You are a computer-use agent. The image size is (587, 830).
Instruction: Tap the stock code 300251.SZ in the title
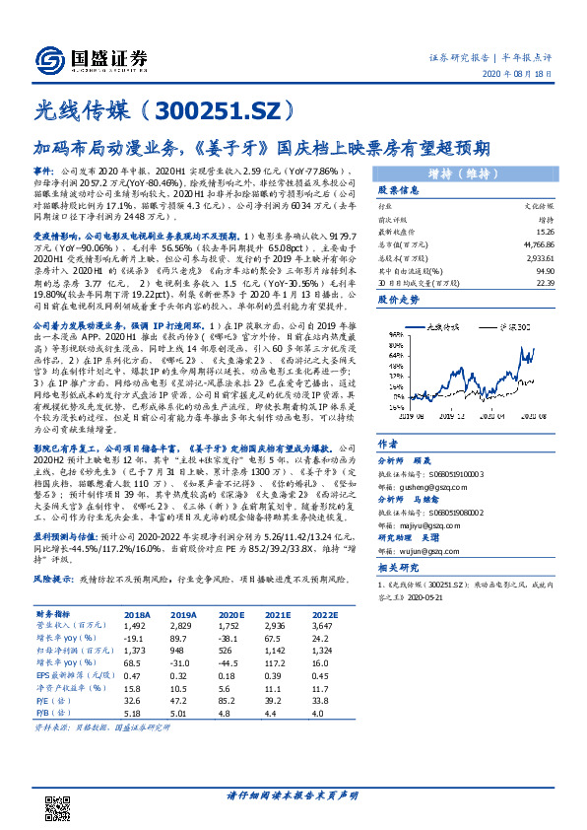(212, 109)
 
